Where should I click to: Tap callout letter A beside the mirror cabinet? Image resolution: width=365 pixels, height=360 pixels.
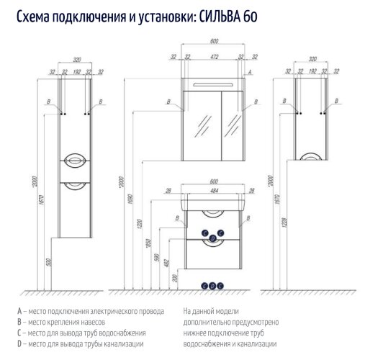click(x=249, y=73)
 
